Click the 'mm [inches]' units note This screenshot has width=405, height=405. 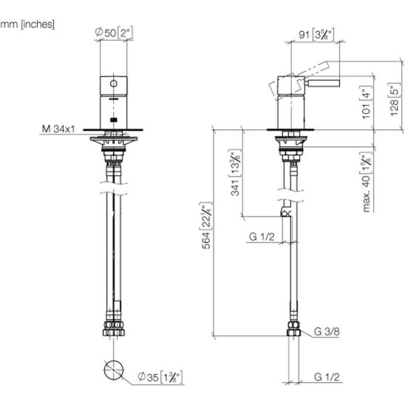(27, 24)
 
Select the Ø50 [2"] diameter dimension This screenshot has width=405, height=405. (114, 33)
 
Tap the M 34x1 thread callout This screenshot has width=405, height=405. (58, 129)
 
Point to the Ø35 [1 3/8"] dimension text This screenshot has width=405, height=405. (160, 377)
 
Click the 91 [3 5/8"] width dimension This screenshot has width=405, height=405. (316, 34)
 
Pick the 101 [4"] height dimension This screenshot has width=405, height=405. (367, 102)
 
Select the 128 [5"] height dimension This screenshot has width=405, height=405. (395, 100)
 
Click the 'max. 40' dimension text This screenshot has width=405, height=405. (367, 194)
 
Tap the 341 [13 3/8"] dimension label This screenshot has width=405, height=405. (235, 172)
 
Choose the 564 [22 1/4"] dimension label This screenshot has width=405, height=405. (206, 225)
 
